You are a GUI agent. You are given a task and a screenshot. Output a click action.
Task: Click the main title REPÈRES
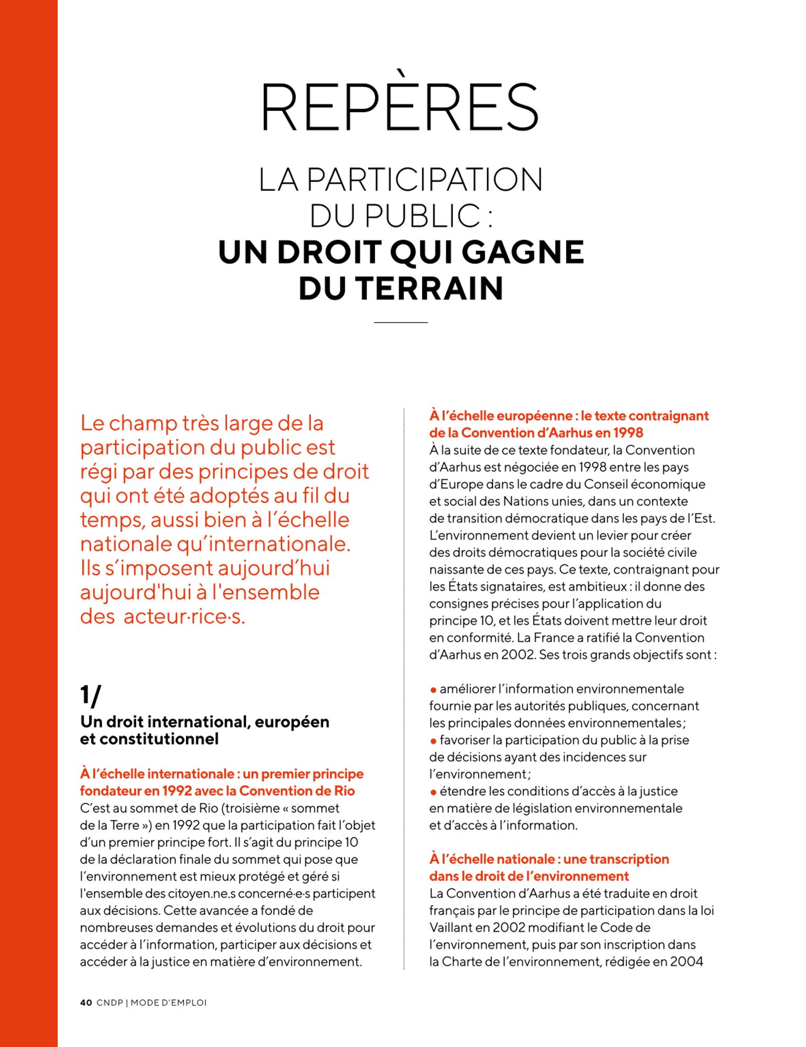[x=400, y=107]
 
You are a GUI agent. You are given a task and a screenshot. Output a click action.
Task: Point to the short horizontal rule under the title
[x=401, y=322]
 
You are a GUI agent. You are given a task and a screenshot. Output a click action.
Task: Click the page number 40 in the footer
[x=86, y=1003]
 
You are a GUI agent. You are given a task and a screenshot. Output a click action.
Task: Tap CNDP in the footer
[x=110, y=1003]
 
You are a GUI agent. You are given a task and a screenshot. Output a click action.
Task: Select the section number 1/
[x=91, y=695]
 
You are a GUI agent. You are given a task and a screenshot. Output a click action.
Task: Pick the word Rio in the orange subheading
[x=344, y=790]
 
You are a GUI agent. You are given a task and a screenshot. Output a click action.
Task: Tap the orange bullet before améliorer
[x=433, y=690]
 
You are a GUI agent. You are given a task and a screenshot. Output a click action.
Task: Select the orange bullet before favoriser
[x=433, y=741]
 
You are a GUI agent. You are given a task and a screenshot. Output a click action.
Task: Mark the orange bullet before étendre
[x=433, y=792]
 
